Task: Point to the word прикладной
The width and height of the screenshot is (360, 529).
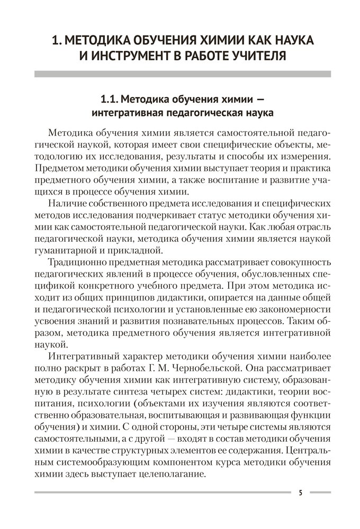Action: pyautogui.click(x=143, y=250)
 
